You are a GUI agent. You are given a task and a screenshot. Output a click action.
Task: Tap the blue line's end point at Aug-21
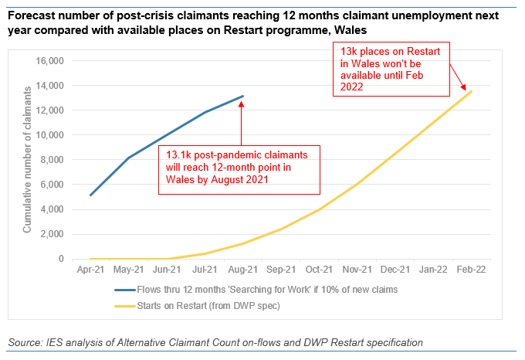point(242,97)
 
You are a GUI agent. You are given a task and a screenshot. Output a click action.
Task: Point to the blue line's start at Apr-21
point(90,195)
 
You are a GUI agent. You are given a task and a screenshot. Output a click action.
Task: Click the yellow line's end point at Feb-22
point(471,91)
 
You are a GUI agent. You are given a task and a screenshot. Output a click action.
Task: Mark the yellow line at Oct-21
point(319,209)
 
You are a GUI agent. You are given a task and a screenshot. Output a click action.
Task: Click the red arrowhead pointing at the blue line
point(242,101)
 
